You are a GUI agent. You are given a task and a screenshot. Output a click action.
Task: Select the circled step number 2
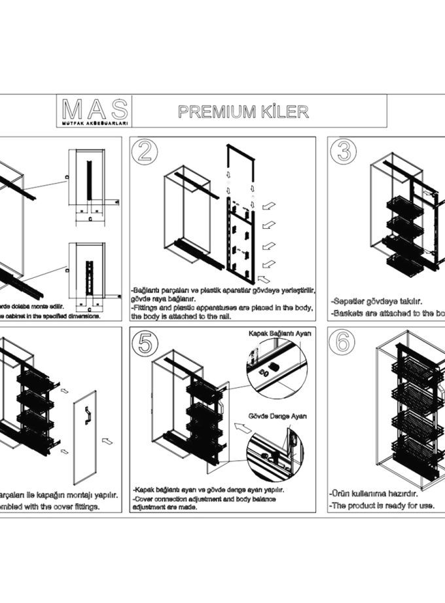pyautogui.click(x=146, y=151)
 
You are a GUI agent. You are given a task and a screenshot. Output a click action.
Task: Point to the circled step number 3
pyautogui.click(x=344, y=151)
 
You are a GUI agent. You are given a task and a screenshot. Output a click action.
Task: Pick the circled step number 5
pyautogui.click(x=146, y=343)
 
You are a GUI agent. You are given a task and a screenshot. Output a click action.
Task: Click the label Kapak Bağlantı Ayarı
pyautogui.click(x=280, y=333)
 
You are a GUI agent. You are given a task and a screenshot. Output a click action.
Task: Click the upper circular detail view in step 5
pyautogui.click(x=276, y=367)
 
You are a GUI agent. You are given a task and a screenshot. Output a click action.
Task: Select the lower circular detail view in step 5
pyautogui.click(x=276, y=452)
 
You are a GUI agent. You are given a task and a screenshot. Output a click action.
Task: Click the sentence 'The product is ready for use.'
pyautogui.click(x=381, y=505)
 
